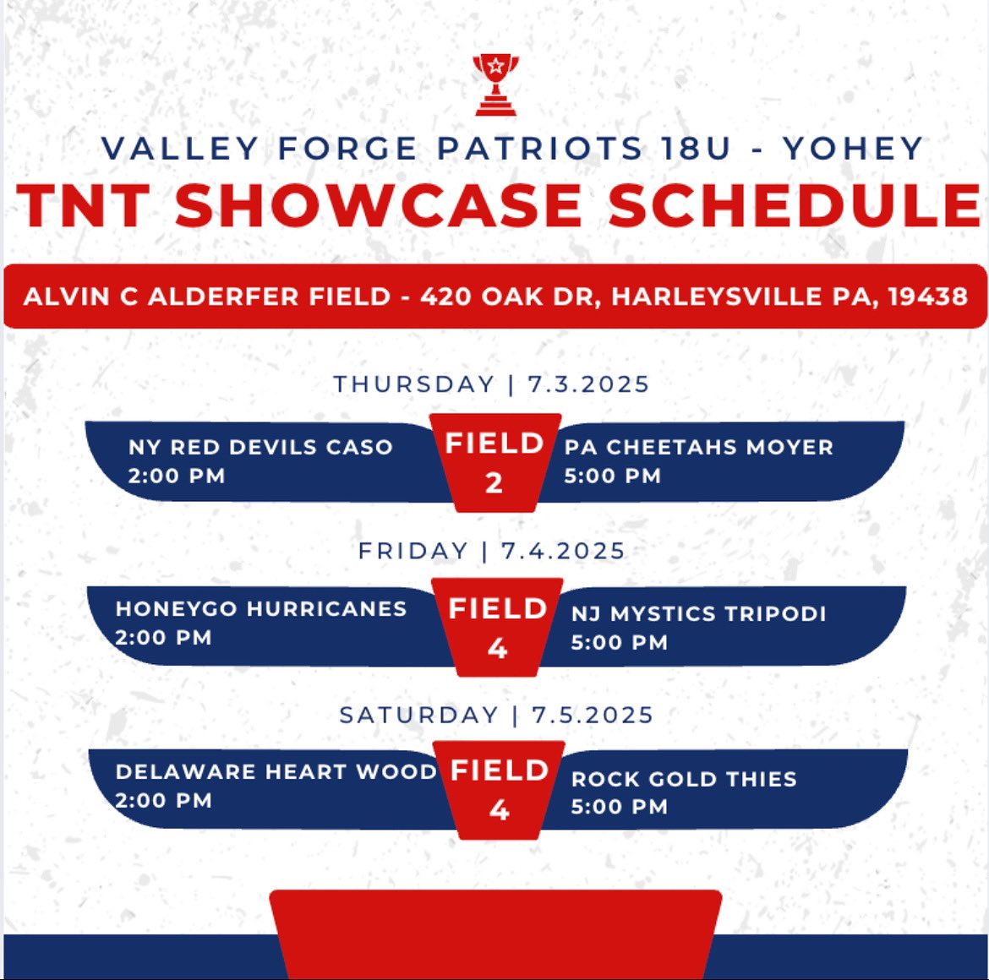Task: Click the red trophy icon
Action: pyautogui.click(x=495, y=84)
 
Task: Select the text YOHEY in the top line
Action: pyautogui.click(x=852, y=150)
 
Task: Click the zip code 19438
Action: pyautogui.click(x=927, y=297)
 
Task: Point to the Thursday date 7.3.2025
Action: pyautogui.click(x=588, y=384)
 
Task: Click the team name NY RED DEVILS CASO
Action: pyautogui.click(x=260, y=447)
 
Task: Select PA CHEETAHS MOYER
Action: pyautogui.click(x=698, y=447)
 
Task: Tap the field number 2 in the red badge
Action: pyautogui.click(x=494, y=483)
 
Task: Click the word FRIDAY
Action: pyautogui.click(x=413, y=551)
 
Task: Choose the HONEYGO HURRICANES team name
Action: pyautogui.click(x=261, y=609)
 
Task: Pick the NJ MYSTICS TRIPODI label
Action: pyautogui.click(x=698, y=613)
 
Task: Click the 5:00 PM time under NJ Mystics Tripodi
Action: pyautogui.click(x=619, y=643)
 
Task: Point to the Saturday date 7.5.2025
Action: pyautogui.click(x=593, y=716)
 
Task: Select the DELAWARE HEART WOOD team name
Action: pyautogui.click(x=276, y=772)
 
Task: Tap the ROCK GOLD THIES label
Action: pyautogui.click(x=684, y=779)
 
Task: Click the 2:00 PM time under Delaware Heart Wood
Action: pyautogui.click(x=163, y=801)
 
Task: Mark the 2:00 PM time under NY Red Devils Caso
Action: pyautogui.click(x=177, y=476)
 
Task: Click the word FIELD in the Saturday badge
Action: pyautogui.click(x=500, y=770)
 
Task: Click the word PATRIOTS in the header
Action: pyautogui.click(x=540, y=150)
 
